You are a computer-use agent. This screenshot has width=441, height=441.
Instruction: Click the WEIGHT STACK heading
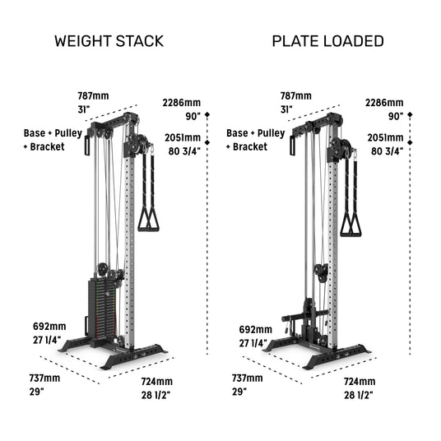109,41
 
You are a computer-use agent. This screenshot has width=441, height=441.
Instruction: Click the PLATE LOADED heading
328,41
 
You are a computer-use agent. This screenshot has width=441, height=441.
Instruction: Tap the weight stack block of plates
102,308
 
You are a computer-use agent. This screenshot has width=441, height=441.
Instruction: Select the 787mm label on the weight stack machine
93,96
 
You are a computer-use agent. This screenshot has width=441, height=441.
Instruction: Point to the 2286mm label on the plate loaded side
384,103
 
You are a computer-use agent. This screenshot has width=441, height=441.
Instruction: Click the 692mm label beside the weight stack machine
49,327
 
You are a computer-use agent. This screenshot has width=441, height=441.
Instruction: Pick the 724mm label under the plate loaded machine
360,382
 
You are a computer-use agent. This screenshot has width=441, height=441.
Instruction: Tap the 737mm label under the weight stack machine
44,378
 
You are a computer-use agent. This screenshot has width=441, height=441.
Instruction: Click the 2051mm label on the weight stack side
183,137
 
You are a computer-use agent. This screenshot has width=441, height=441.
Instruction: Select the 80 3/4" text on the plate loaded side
387,151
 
